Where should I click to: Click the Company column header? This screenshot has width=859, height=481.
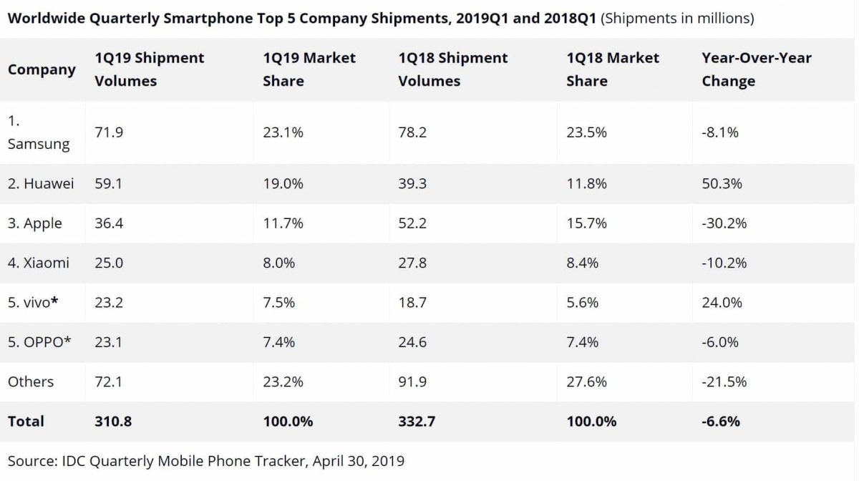[42, 69]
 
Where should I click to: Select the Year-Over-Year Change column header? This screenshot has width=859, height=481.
[756, 69]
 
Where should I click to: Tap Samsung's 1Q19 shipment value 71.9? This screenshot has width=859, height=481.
[109, 132]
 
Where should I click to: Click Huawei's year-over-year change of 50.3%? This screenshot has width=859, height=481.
[722, 184]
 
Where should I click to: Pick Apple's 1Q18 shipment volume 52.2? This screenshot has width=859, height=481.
[412, 223]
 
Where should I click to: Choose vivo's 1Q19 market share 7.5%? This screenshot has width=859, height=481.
[279, 302]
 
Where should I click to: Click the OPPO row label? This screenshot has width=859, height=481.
[39, 341]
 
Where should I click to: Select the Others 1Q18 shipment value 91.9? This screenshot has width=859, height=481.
[412, 382]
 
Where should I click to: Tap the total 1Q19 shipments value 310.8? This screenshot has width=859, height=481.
[113, 421]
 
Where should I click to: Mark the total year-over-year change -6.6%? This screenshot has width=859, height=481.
[721, 421]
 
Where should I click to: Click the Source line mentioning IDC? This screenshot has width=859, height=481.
[206, 460]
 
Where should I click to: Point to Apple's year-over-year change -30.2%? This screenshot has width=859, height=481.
[724, 223]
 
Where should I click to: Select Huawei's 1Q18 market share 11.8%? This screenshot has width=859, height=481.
[586, 184]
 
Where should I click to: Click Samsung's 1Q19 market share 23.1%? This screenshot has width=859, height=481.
[283, 132]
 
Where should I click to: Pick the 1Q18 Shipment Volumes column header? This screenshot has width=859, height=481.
[452, 69]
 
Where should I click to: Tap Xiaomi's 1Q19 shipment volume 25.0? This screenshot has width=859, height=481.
[109, 263]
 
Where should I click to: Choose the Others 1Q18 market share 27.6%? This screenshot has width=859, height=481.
[586, 382]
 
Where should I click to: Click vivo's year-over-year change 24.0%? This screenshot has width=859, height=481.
[722, 302]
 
